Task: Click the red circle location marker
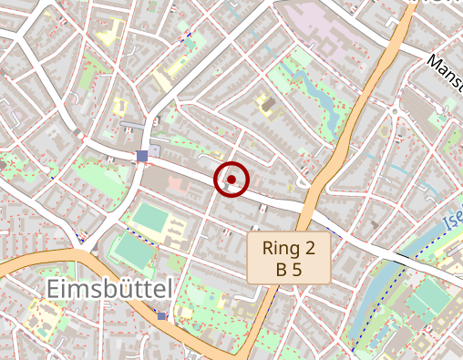pos(231,180)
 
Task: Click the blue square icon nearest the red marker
pos(141,156)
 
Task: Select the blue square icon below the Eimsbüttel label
pos(162,315)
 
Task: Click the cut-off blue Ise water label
pos(452,221)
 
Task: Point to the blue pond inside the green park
pos(314,87)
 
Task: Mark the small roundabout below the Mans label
pos(395,112)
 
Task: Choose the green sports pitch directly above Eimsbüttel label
pos(132,250)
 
